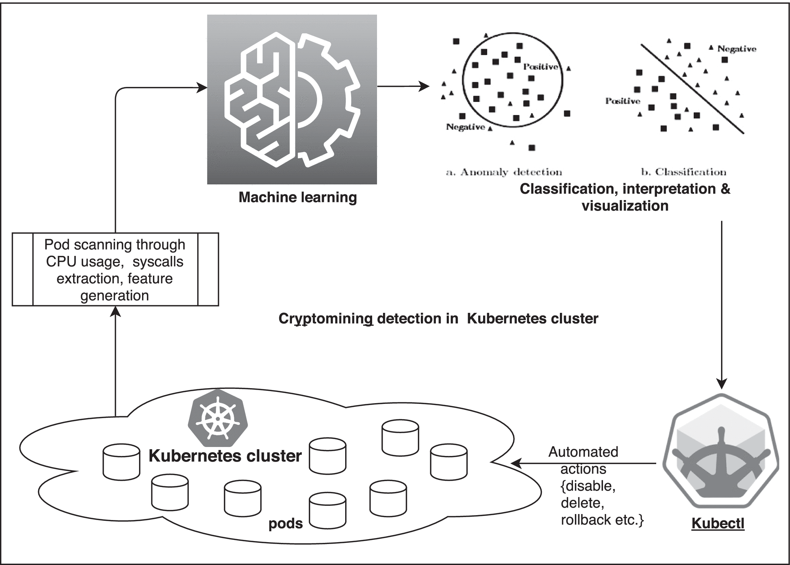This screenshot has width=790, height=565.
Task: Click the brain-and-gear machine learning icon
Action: pyautogui.click(x=292, y=99)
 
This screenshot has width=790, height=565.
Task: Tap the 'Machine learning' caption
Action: pyautogui.click(x=298, y=197)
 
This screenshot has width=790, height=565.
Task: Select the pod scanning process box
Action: pyautogui.click(x=115, y=269)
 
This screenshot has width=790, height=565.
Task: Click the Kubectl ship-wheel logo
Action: pyautogui.click(x=721, y=456)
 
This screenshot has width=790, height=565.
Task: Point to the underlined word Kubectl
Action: pyautogui.click(x=718, y=523)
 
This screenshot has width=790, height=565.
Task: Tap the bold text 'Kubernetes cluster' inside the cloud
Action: pyautogui.click(x=225, y=456)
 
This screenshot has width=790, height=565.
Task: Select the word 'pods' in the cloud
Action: pyautogui.click(x=286, y=523)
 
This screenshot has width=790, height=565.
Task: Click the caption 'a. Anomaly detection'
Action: pyautogui.click(x=504, y=172)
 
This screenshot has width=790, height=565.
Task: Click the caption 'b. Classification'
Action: pyautogui.click(x=684, y=172)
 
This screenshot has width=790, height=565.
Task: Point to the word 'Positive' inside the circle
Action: pyautogui.click(x=540, y=67)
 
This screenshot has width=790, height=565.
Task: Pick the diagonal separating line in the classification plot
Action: pyautogui.click(x=692, y=89)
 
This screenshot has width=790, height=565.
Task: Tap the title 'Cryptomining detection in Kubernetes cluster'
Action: pyautogui.click(x=438, y=318)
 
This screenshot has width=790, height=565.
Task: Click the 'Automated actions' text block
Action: pyautogui.click(x=592, y=486)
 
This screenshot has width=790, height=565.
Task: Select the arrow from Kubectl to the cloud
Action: pyautogui.click(x=585, y=463)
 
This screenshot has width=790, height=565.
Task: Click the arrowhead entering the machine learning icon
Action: pyautogui.click(x=203, y=88)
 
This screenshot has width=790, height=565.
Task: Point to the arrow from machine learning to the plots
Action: pyautogui.click(x=403, y=87)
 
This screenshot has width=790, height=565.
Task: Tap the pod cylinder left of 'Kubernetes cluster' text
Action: pyautogui.click(x=121, y=462)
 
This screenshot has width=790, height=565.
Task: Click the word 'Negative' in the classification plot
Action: pyautogui.click(x=736, y=49)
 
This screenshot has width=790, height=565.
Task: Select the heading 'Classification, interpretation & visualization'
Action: pyautogui.click(x=625, y=197)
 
